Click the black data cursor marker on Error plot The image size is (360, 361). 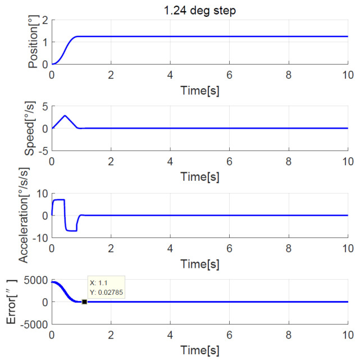pos(84,301)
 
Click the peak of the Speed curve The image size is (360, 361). pos(65,116)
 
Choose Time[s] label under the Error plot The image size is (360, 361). pos(199,349)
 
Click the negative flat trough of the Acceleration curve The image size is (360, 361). pos(71,230)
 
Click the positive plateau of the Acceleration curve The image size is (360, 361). pos(58,200)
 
